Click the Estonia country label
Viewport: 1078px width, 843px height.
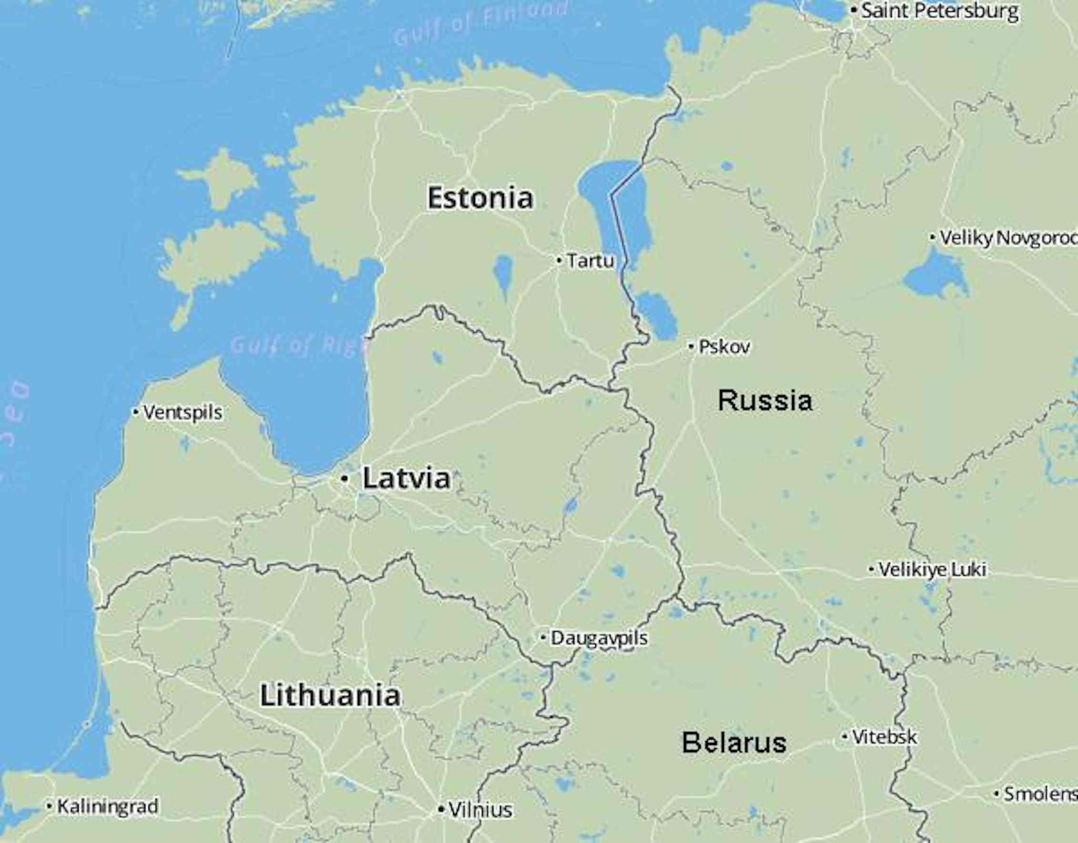point(480,198)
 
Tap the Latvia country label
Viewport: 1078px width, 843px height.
point(407,478)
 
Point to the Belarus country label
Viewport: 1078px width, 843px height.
point(734,743)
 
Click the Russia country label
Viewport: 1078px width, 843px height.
point(764,400)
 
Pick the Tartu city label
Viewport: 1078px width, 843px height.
point(590,261)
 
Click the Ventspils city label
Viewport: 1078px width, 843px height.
point(182,412)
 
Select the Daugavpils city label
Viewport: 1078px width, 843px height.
point(599,638)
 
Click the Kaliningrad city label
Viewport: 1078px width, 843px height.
point(108,806)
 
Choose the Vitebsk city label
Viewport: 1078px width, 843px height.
point(884,737)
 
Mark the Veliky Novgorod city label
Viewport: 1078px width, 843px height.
point(1007,238)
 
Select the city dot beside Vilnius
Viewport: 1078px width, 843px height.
point(441,810)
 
